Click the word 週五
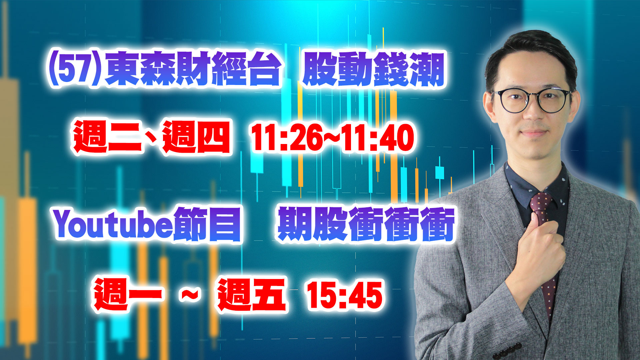(x=252, y=295)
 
